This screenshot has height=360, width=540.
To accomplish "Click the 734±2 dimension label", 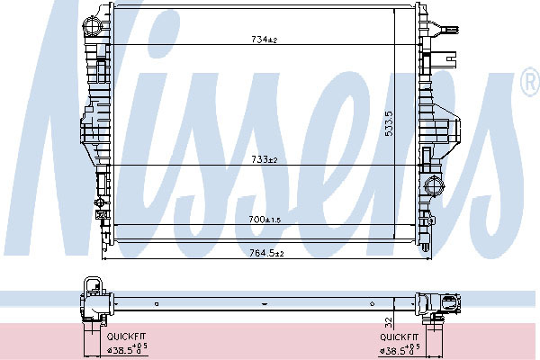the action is [x=264, y=40].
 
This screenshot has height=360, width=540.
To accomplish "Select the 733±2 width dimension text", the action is [x=264, y=160].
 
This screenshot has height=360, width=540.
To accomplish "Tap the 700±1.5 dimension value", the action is [x=265, y=220].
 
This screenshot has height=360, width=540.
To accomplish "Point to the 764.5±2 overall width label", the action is [x=266, y=254].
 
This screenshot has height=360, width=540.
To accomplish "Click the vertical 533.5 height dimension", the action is [x=389, y=123].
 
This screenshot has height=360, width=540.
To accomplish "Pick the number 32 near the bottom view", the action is [x=389, y=322].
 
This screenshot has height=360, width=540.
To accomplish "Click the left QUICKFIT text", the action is [x=126, y=337].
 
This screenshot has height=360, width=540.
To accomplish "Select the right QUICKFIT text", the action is [x=399, y=337].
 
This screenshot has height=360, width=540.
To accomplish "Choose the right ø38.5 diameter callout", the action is [x=400, y=349].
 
